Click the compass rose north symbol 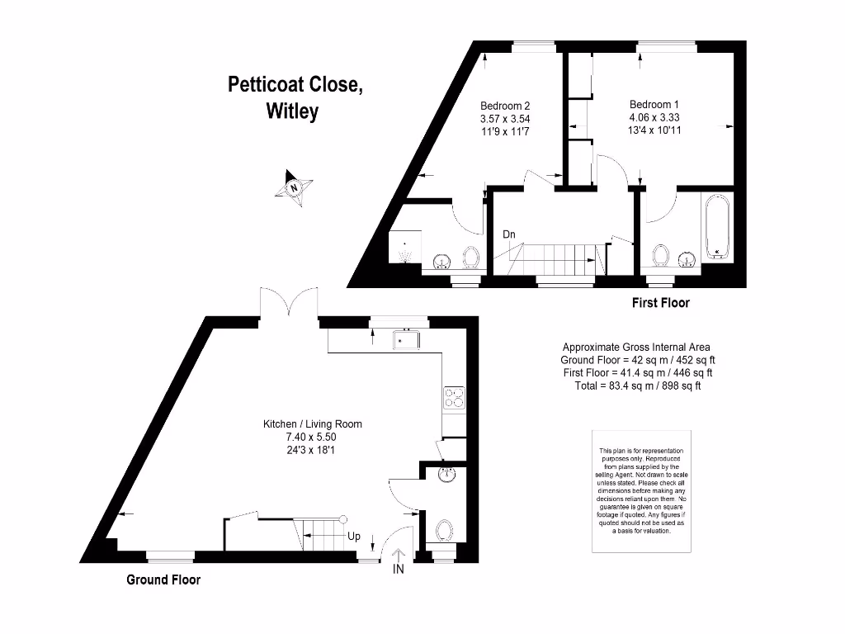click(x=293, y=187)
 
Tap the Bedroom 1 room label click(x=654, y=105)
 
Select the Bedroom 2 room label click(x=505, y=106)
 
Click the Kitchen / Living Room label click(x=312, y=424)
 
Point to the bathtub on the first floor click(x=717, y=227)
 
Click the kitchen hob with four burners click(x=454, y=398)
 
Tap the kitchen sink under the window click(x=407, y=339)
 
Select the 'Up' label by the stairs click(x=353, y=536)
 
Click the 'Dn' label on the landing click(x=509, y=234)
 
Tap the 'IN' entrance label click(x=399, y=569)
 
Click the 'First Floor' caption click(x=660, y=303)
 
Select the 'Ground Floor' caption click(x=163, y=580)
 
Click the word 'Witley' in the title click(x=291, y=111)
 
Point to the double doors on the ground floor click(x=288, y=302)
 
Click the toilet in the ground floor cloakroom click(x=444, y=530)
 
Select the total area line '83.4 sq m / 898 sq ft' click(x=637, y=386)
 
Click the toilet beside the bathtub click(x=660, y=257)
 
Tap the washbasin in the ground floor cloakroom click(x=446, y=475)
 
